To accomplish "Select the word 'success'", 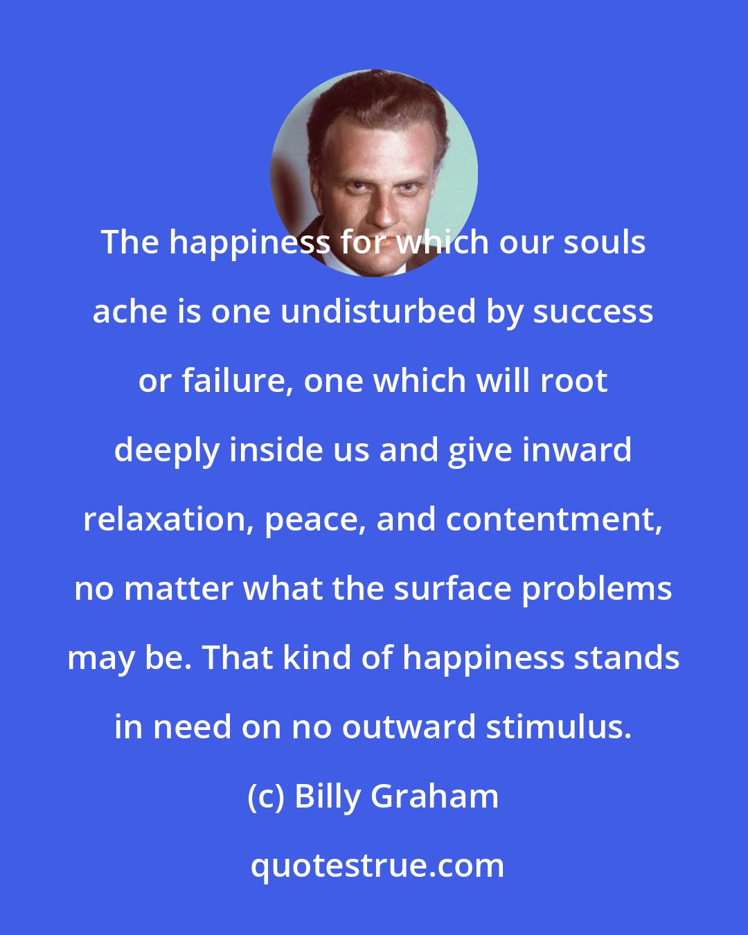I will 593,312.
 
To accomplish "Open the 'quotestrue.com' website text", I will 377,866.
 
